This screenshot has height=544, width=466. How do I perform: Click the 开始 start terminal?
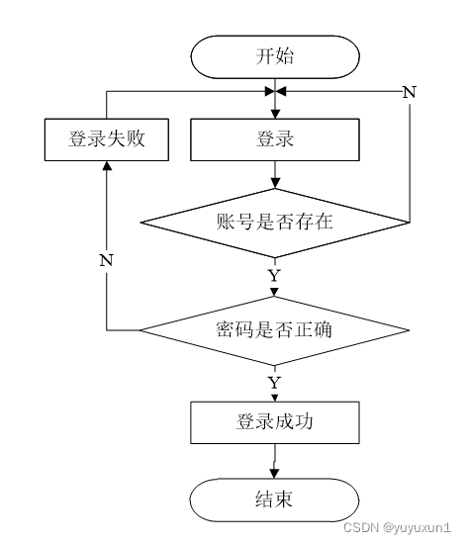tap(275, 57)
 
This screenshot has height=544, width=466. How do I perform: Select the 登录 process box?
tap(275, 139)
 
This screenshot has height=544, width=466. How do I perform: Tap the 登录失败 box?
tap(107, 139)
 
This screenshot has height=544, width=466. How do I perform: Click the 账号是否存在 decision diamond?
tap(275, 223)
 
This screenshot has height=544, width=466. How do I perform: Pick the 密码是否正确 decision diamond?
tap(275, 330)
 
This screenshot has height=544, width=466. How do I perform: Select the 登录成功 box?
tap(275, 422)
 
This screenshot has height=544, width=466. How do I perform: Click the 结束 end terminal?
tap(274, 499)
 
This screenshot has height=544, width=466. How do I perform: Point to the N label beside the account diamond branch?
tap(409, 92)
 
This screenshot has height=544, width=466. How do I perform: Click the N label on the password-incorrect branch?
tap(106, 260)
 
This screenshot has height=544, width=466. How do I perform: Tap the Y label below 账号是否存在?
tap(274, 276)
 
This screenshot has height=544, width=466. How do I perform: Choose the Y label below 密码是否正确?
tap(274, 383)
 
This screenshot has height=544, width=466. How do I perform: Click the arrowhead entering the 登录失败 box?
tap(107, 165)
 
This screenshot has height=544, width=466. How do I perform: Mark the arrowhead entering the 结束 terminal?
tap(274, 474)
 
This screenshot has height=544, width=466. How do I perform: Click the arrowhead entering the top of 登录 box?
tap(275, 114)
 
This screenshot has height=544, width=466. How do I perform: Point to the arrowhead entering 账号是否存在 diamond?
tap(275, 183)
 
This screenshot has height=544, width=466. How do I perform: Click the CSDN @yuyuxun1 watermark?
tap(398, 527)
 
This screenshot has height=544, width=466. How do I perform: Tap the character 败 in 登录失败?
tap(136, 138)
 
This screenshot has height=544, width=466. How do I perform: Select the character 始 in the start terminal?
tap(285, 55)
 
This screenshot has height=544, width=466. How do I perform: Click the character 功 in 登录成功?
tap(304, 422)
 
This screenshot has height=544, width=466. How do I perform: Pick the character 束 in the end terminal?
tap(283, 499)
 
